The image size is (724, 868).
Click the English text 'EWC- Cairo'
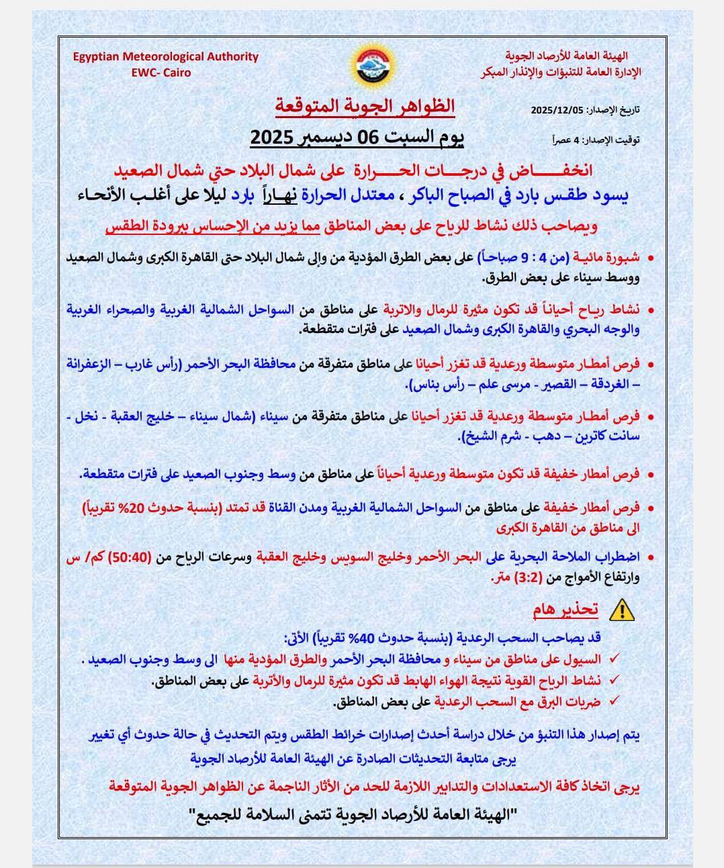[x=161, y=73]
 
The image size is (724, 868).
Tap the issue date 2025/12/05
[x=557, y=110]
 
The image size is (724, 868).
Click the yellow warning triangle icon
[x=622, y=610]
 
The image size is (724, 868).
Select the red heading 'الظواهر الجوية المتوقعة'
[x=365, y=106]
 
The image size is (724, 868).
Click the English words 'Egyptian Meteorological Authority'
[x=165, y=57]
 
